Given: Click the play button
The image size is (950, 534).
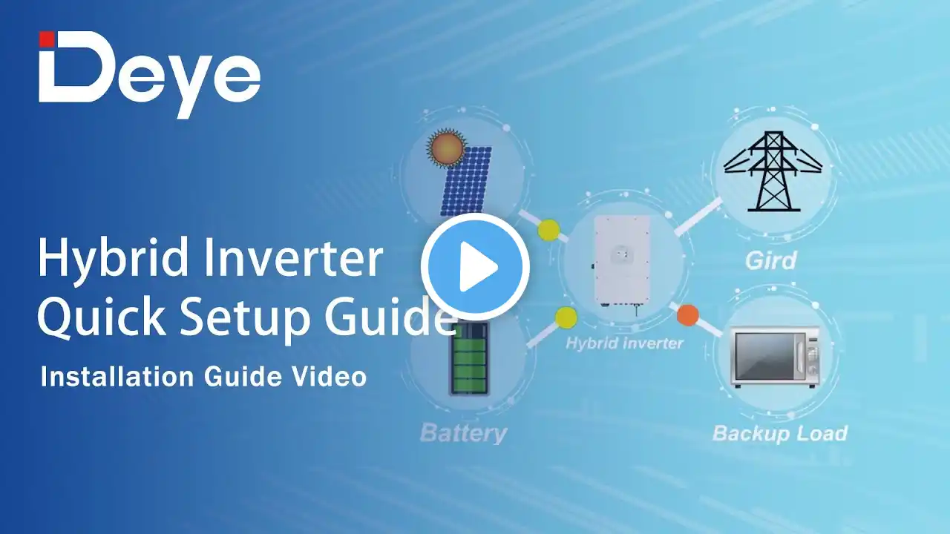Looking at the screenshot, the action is pyautogui.click(x=476, y=266).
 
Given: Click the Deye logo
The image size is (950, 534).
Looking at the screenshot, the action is pyautogui.click(x=149, y=75).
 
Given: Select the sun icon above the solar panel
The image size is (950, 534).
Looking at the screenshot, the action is pyautogui.click(x=446, y=148).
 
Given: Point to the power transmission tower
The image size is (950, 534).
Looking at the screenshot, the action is pyautogui.click(x=773, y=171).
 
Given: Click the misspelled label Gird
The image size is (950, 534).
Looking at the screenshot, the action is pyautogui.click(x=770, y=260).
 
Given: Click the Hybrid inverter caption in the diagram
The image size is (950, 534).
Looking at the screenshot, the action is pyautogui.click(x=624, y=343).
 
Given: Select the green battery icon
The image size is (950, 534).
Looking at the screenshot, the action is pyautogui.click(x=469, y=358).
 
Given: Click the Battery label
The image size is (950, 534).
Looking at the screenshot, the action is pyautogui.click(x=463, y=433).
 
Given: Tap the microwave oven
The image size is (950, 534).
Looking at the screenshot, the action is pyautogui.click(x=774, y=357).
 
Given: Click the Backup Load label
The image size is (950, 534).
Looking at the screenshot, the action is pyautogui.click(x=779, y=434).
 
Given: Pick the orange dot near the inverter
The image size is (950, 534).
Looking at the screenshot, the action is pyautogui.click(x=687, y=315).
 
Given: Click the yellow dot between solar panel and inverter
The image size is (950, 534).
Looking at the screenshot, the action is pyautogui.click(x=548, y=230).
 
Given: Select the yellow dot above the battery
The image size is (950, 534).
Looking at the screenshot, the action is pyautogui.click(x=566, y=317).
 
